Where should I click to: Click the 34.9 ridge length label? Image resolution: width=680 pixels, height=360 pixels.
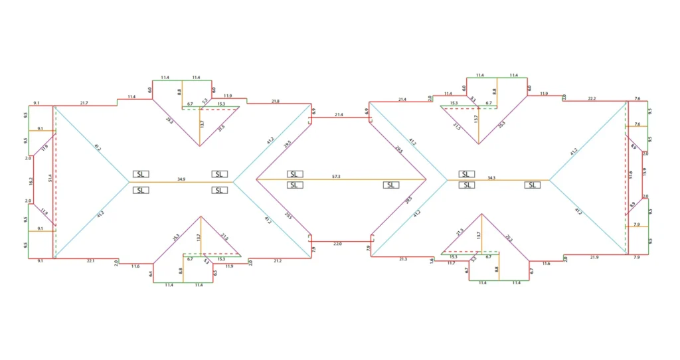(x=181, y=179)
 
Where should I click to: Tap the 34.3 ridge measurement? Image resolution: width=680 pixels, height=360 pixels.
(x=491, y=177)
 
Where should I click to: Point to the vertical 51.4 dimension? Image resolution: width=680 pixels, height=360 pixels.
(x=50, y=179)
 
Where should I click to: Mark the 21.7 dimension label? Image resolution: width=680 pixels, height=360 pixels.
(x=84, y=103)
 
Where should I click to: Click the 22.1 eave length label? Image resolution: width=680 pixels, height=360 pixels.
(x=91, y=261)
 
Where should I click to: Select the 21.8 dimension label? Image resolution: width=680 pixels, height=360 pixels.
(x=276, y=101)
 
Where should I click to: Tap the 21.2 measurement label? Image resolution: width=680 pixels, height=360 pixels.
(x=278, y=261)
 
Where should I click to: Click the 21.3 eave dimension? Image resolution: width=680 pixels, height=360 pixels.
(x=403, y=259)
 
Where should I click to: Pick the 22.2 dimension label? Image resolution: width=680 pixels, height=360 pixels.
(x=592, y=98)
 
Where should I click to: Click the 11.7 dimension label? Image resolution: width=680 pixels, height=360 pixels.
(x=451, y=263)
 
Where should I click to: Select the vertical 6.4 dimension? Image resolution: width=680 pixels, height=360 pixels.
(x=151, y=273)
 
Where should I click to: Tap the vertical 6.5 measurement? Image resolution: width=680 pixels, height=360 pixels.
(x=215, y=272)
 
